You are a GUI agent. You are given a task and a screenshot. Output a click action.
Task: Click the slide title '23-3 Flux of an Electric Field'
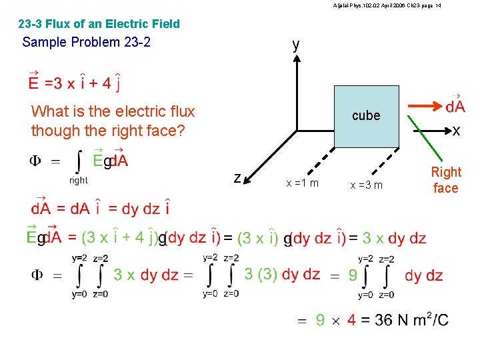coord(99,24)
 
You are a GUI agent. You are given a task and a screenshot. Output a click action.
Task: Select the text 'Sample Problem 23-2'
coord(87,42)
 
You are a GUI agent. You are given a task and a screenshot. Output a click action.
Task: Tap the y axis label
coord(295,45)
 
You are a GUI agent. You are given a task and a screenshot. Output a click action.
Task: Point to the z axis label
coord(237,178)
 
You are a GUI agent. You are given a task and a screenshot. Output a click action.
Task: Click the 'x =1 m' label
coord(302,183)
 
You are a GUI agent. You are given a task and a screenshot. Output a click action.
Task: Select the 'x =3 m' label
coord(367,185)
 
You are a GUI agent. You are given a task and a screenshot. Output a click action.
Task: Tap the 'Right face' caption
coord(446,180)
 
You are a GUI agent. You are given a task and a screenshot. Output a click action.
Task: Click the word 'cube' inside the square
coord(366,115)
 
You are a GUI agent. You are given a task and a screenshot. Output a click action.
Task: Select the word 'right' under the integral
coord(79,180)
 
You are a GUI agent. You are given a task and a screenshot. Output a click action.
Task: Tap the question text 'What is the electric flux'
coord(113,111)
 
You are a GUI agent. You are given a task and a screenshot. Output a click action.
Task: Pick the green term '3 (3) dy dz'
coord(282,275)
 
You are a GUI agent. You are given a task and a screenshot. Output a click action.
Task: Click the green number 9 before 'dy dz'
coord(353,275)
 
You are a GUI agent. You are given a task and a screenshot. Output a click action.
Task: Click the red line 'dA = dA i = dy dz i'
coord(100,208)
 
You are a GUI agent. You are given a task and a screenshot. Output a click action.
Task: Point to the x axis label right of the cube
coord(456,131)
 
